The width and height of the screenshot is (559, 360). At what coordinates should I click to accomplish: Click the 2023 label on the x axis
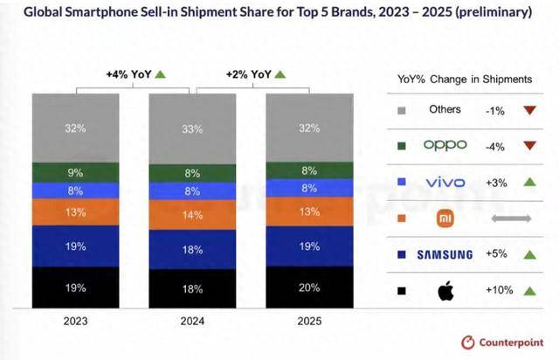tap(76, 321)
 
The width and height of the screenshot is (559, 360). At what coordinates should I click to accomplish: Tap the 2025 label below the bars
tap(308, 321)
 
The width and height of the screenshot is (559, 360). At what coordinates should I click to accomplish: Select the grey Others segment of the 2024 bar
tap(193, 128)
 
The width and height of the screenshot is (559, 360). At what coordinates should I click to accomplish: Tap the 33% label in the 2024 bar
tap(193, 128)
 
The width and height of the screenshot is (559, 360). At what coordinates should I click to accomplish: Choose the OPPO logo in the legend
tap(445, 145)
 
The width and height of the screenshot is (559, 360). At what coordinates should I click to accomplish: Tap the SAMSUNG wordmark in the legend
tap(445, 254)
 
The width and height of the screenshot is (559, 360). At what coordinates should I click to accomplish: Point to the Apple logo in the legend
tap(445, 291)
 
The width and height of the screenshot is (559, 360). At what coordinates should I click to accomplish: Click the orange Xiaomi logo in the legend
tap(445, 218)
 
